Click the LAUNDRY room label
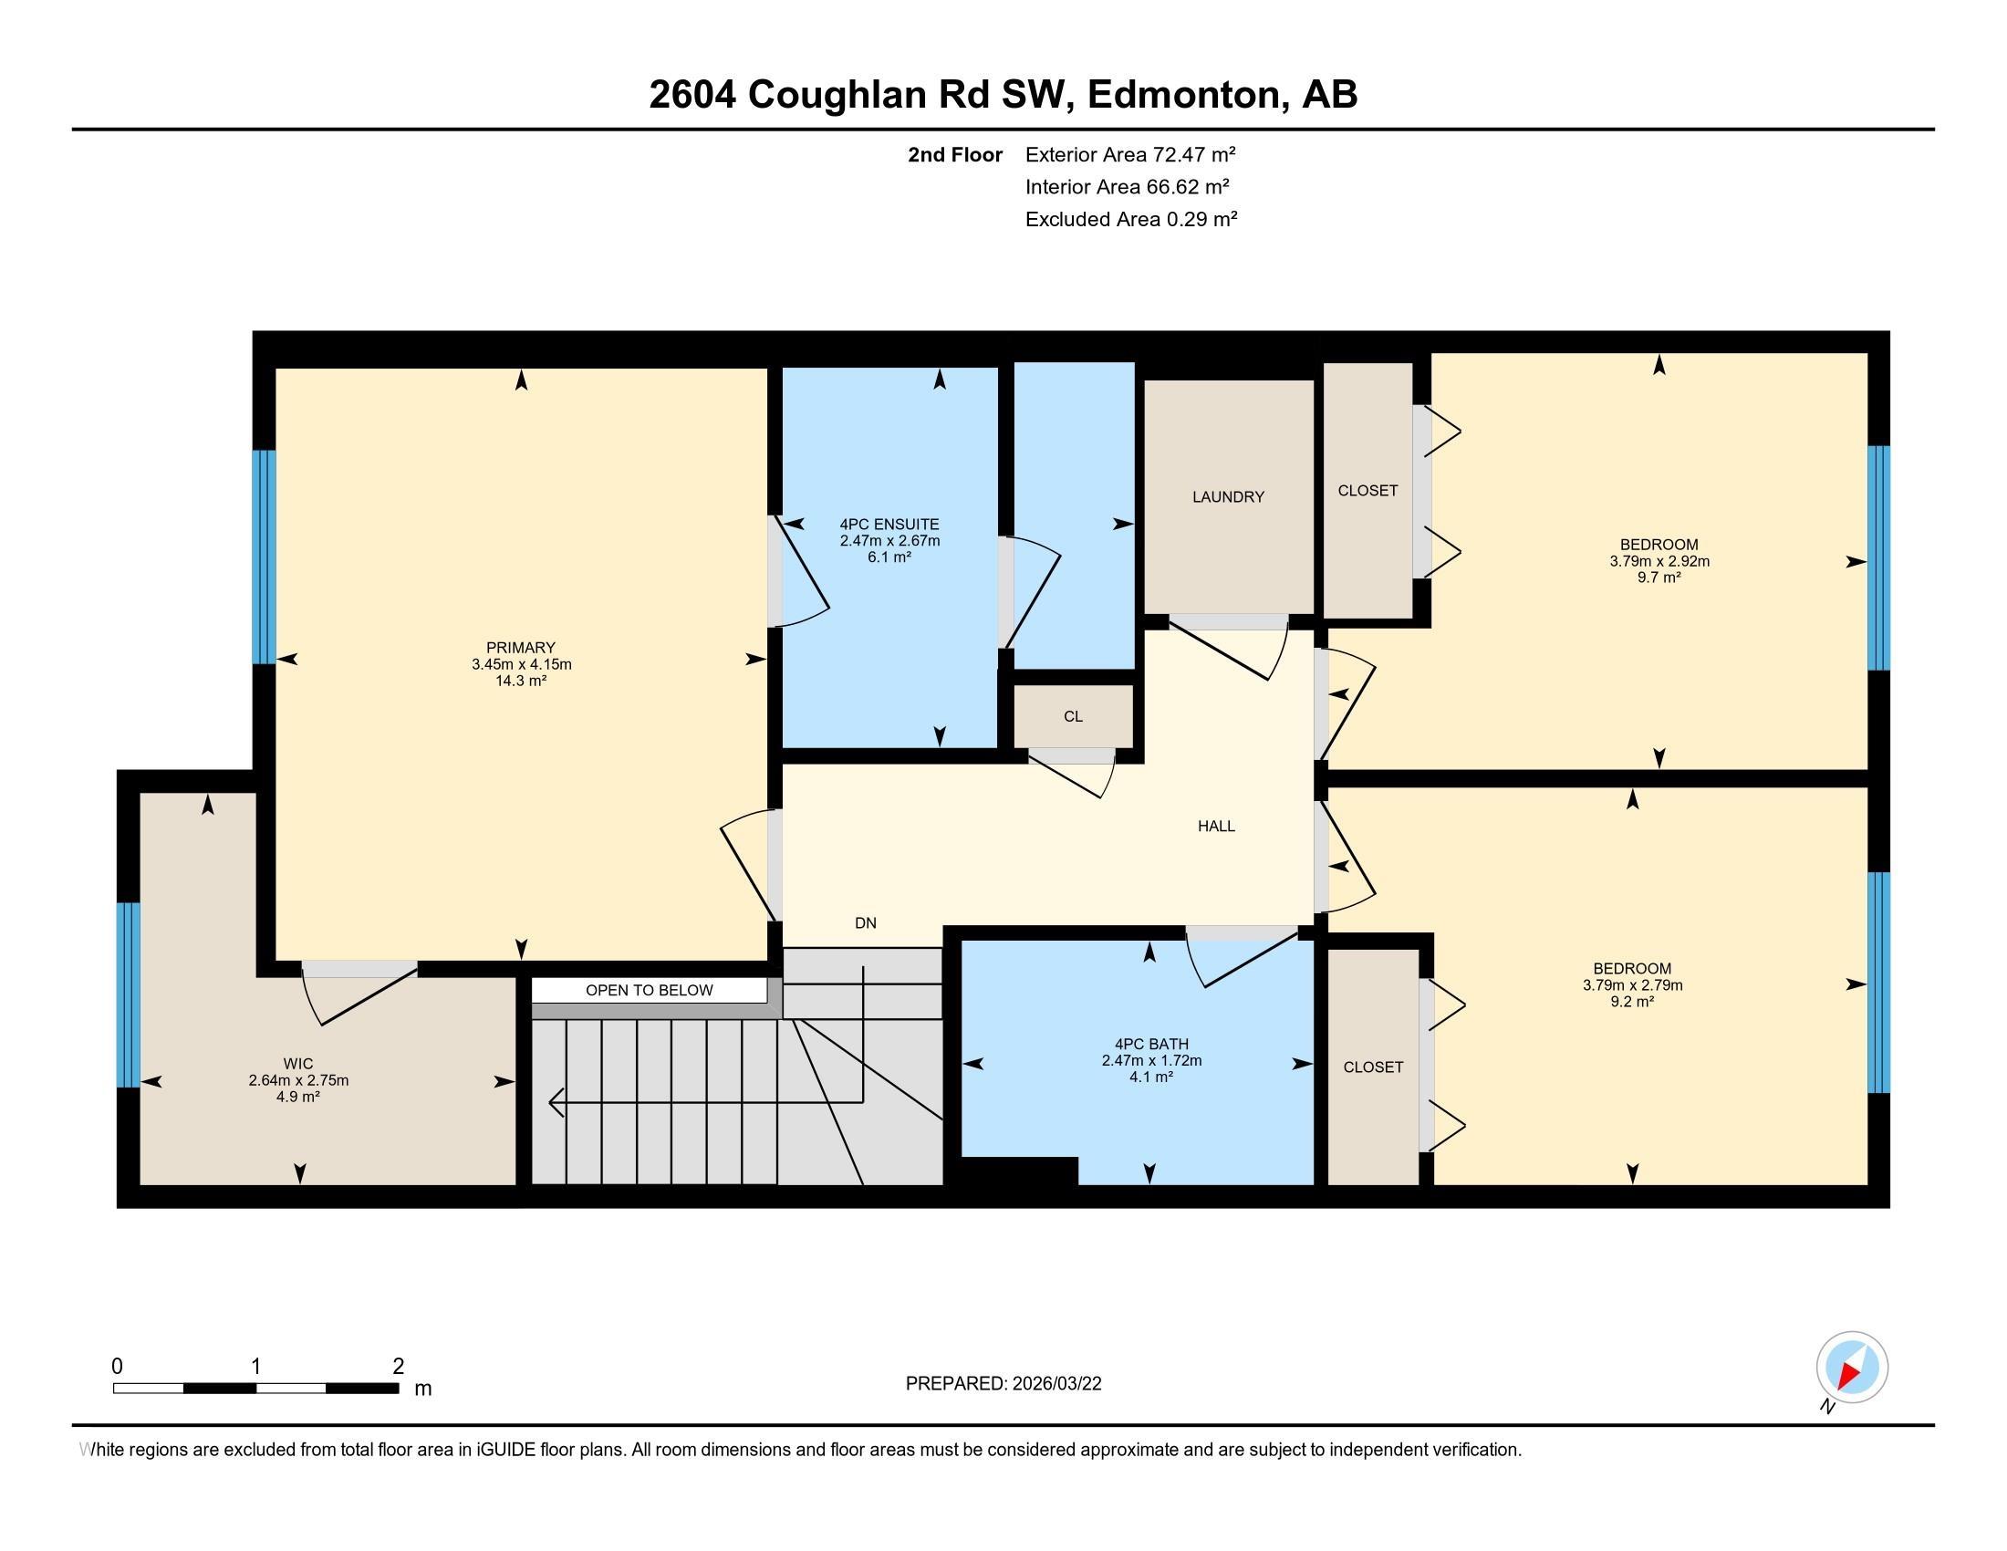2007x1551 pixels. (1228, 497)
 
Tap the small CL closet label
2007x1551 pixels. (1073, 717)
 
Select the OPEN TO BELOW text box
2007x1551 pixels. (649, 991)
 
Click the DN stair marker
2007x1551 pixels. (865, 923)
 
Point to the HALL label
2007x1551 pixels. (1215, 826)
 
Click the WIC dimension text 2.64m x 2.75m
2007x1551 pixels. (297, 1080)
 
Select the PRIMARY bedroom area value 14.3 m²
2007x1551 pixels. (521, 681)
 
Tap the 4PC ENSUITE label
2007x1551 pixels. (889, 525)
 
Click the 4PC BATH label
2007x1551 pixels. (1150, 1044)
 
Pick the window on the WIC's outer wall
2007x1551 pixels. (129, 994)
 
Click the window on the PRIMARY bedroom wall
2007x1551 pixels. (264, 557)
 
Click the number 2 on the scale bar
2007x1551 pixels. (398, 1367)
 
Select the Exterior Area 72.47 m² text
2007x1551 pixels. (1129, 154)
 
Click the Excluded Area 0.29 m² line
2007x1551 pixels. (1130, 219)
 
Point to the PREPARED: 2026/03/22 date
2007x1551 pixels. (1003, 1384)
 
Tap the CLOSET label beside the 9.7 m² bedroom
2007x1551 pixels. (1367, 491)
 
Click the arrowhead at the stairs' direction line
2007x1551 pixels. (555, 1102)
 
